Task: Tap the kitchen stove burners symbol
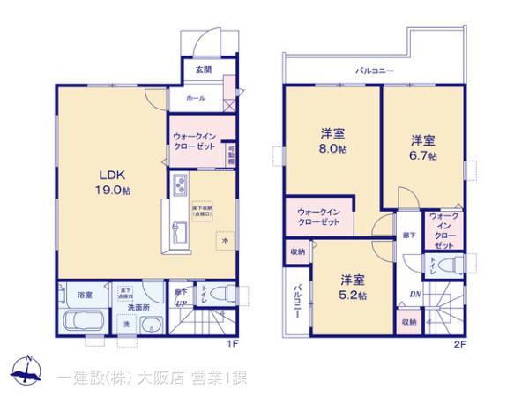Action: click(181, 186)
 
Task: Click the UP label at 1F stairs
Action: click(180, 304)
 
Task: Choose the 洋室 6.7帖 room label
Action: click(423, 147)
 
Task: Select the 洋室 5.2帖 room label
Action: click(353, 287)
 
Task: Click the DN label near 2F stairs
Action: click(414, 296)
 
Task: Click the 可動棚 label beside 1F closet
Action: click(231, 154)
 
